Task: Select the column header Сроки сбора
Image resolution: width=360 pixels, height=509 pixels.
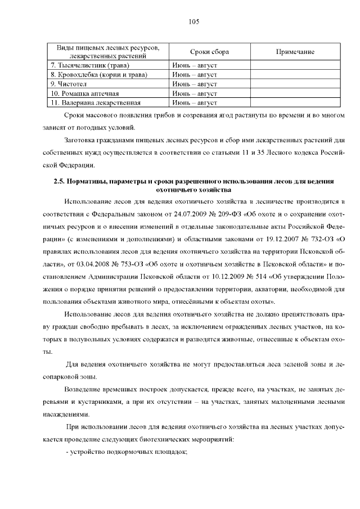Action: (209, 52)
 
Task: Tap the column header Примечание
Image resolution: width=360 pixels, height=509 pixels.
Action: (295, 52)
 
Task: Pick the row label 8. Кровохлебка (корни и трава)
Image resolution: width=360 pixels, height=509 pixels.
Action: (98, 75)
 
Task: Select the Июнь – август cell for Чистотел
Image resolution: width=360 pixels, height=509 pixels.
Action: (195, 84)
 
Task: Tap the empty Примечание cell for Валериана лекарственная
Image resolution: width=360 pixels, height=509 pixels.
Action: (295, 102)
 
